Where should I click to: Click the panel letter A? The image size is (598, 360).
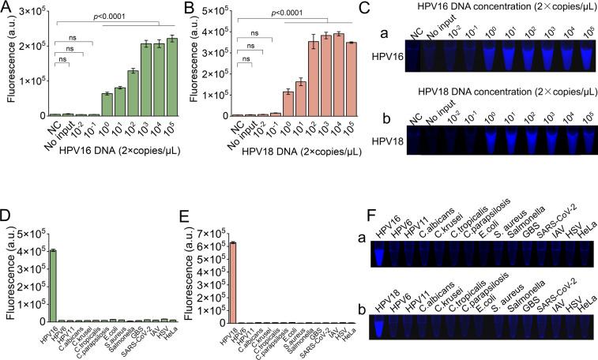pyautogui.click(x=8, y=9)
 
